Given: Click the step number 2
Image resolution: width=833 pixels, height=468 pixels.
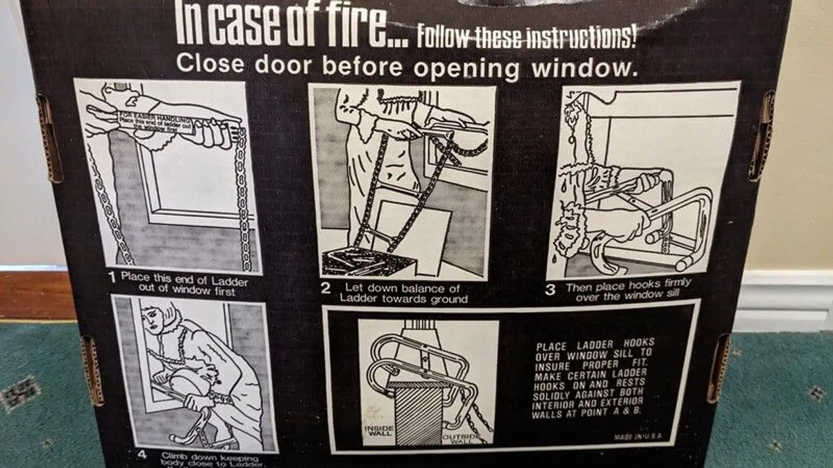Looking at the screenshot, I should pyautogui.click(x=326, y=288).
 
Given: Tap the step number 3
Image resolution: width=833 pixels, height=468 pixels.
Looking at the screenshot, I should pyautogui.click(x=550, y=290).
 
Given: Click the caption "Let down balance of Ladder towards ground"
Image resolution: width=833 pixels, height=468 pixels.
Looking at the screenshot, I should pyautogui.click(x=403, y=293).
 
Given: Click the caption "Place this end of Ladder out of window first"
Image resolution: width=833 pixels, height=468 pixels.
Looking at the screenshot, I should pyautogui.click(x=184, y=284).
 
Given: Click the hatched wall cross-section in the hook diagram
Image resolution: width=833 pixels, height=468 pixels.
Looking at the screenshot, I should pyautogui.click(x=416, y=409).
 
